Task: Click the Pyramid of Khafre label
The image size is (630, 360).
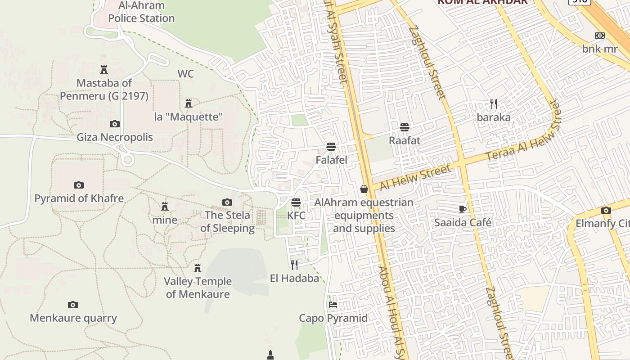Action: pos(79,198)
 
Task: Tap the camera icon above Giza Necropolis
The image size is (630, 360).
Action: pos(115,124)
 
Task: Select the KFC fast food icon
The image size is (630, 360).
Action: pos(296,202)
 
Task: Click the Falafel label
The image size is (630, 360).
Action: pos(331,160)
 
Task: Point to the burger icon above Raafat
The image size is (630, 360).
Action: pos(404,127)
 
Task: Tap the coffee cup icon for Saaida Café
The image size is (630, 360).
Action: pos(462,209)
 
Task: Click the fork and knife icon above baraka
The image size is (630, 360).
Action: pos(494,104)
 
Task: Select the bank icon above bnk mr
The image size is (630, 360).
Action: pos(599,36)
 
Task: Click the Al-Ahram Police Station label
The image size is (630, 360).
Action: pos(141,12)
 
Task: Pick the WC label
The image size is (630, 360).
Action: pos(185,74)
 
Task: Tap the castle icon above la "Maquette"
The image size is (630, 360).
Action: pos(189,103)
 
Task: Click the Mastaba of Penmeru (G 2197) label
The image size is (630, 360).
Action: pos(104,90)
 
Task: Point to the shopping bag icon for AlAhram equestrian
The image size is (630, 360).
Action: pos(364,189)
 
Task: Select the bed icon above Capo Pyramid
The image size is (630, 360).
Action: pos(333,305)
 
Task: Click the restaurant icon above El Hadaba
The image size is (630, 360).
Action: pos(294,265)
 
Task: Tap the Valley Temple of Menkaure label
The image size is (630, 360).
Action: pos(198,288)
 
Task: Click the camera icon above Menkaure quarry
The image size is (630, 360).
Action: pos(73,305)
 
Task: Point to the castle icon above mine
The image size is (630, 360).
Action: pos(165,207)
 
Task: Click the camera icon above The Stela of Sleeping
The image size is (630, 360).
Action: pos(227,202)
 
